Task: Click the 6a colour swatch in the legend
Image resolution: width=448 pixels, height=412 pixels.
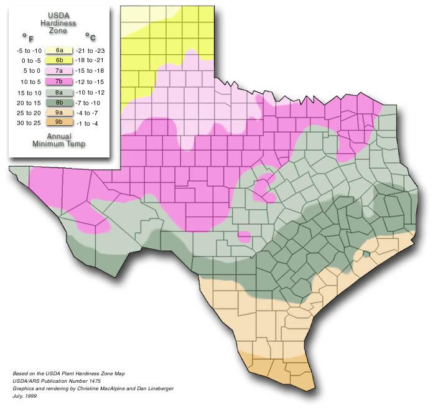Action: (x=59, y=50)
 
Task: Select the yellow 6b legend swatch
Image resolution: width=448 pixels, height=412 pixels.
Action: (x=59, y=60)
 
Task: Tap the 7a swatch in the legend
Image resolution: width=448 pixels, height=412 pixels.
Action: (x=59, y=71)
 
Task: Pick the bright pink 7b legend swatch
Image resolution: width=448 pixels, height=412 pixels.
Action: (x=59, y=82)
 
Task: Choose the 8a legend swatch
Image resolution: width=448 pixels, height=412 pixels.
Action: (x=59, y=92)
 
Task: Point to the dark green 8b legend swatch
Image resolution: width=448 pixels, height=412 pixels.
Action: (x=59, y=103)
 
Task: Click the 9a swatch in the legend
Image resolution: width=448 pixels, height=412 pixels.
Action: (x=59, y=113)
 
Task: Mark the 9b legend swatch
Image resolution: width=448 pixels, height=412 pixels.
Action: (x=59, y=124)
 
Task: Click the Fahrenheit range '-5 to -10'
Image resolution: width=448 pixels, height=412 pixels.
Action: (x=29, y=50)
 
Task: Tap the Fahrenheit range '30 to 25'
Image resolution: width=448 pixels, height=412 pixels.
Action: (x=29, y=124)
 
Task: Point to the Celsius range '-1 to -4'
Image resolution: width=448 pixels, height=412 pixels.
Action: (x=87, y=124)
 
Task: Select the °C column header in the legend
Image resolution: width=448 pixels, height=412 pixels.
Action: (x=90, y=37)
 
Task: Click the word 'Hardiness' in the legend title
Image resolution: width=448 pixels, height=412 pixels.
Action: (x=59, y=23)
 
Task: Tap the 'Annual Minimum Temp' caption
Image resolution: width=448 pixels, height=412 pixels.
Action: (x=59, y=140)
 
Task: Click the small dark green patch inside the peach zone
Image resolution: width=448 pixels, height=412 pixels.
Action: (x=367, y=253)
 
